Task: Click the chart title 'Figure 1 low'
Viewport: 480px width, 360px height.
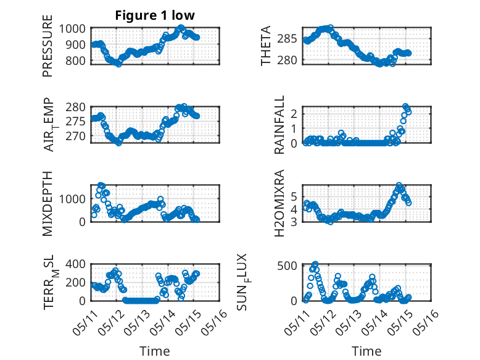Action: point(155,15)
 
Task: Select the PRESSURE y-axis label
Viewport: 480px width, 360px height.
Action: point(48,46)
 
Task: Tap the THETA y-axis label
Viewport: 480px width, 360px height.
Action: point(266,46)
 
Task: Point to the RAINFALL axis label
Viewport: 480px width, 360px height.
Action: point(279,125)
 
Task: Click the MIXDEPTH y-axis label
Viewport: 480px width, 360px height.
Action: point(48,204)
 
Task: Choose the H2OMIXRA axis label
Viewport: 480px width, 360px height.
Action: point(279,203)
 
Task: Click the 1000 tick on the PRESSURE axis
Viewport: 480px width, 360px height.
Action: point(72,29)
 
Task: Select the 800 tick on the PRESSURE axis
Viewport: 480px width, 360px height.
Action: point(75,61)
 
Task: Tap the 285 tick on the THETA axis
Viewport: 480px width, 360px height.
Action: point(287,39)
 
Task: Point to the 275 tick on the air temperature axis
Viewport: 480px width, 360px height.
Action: point(75,121)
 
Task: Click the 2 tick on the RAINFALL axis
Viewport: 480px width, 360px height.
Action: point(294,114)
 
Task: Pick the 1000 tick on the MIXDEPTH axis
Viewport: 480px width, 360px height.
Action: point(72,199)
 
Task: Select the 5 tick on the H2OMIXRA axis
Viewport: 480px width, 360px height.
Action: point(294,196)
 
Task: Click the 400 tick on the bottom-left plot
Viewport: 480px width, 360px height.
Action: point(75,264)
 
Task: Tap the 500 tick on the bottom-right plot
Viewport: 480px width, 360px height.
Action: point(287,266)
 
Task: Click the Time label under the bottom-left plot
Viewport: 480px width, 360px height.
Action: point(155,351)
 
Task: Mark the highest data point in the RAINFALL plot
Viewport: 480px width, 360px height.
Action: point(405,106)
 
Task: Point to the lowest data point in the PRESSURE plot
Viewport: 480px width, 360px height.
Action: point(118,64)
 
